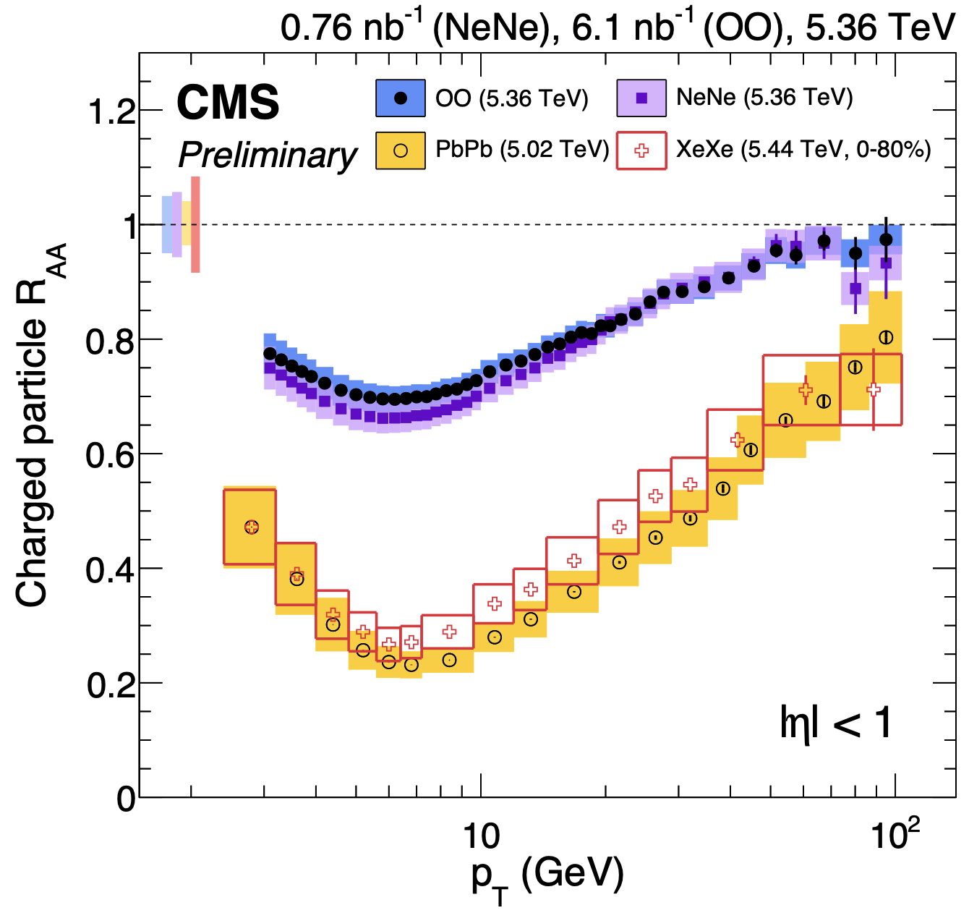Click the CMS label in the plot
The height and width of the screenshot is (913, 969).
point(228,103)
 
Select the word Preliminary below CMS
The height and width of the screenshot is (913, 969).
point(268,155)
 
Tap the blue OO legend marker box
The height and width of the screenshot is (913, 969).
point(400,97)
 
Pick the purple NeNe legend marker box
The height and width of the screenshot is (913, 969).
point(641,97)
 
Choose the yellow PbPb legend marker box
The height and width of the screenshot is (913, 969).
point(400,150)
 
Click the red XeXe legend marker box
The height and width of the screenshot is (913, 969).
point(641,150)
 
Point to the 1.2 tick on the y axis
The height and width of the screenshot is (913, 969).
point(110,111)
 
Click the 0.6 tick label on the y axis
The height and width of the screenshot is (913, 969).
point(110,454)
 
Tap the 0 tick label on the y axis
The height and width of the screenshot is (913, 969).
point(126,799)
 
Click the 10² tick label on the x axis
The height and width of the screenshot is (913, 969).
point(895,836)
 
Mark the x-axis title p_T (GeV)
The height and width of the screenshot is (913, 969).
point(547,878)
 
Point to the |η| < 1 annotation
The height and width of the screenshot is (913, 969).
point(836,722)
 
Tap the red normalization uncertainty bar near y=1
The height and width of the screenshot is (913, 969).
point(195,224)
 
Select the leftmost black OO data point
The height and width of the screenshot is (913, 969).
point(270,354)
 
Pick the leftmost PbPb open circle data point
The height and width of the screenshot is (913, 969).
point(251,527)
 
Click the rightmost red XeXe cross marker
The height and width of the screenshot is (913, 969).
point(874,389)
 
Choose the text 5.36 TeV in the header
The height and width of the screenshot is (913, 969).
point(880,29)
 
